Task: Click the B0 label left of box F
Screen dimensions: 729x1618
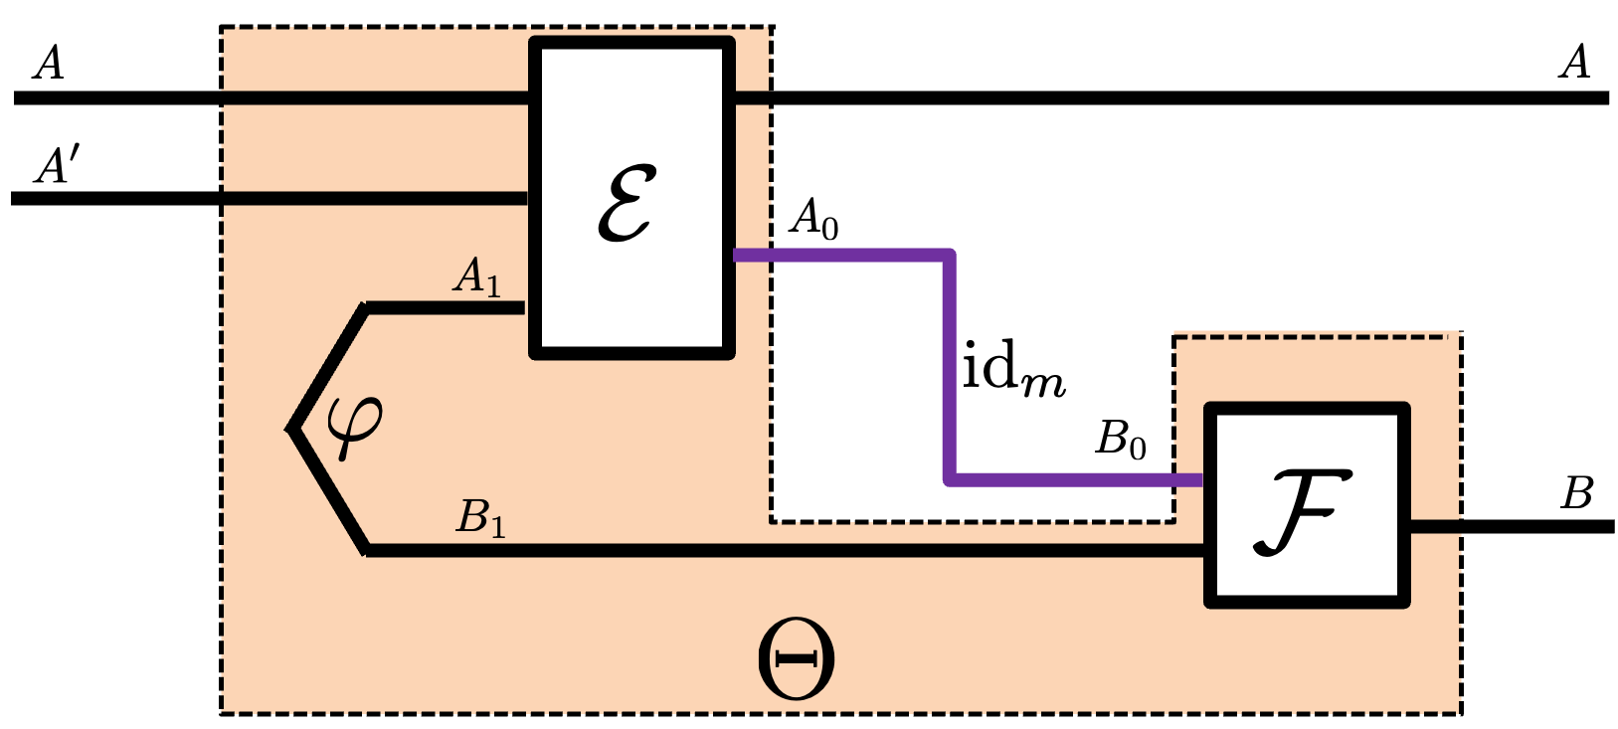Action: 1121,439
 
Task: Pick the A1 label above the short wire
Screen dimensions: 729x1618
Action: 476,276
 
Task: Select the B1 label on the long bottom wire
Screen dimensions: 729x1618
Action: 480,518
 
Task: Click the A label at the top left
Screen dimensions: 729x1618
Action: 48,64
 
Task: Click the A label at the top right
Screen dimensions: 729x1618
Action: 1574,63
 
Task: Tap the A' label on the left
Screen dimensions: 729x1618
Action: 56,166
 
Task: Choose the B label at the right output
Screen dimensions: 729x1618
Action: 1577,493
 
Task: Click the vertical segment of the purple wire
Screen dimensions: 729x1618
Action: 950,368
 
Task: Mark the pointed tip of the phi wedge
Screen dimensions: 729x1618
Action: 291,429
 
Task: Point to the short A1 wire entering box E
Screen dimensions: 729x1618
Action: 448,308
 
